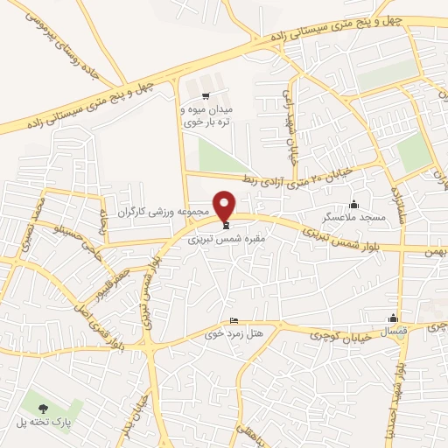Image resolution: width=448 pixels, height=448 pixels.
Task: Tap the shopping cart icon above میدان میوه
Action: [x=205, y=96]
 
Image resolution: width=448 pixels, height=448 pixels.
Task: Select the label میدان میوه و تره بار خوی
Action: [x=204, y=116]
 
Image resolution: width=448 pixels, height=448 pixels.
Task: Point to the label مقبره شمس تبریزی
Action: [x=225, y=236]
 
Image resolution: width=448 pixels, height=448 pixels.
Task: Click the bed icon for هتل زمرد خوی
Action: [x=233, y=320]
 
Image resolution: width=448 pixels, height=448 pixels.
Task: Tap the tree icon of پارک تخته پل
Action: [x=43, y=407]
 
